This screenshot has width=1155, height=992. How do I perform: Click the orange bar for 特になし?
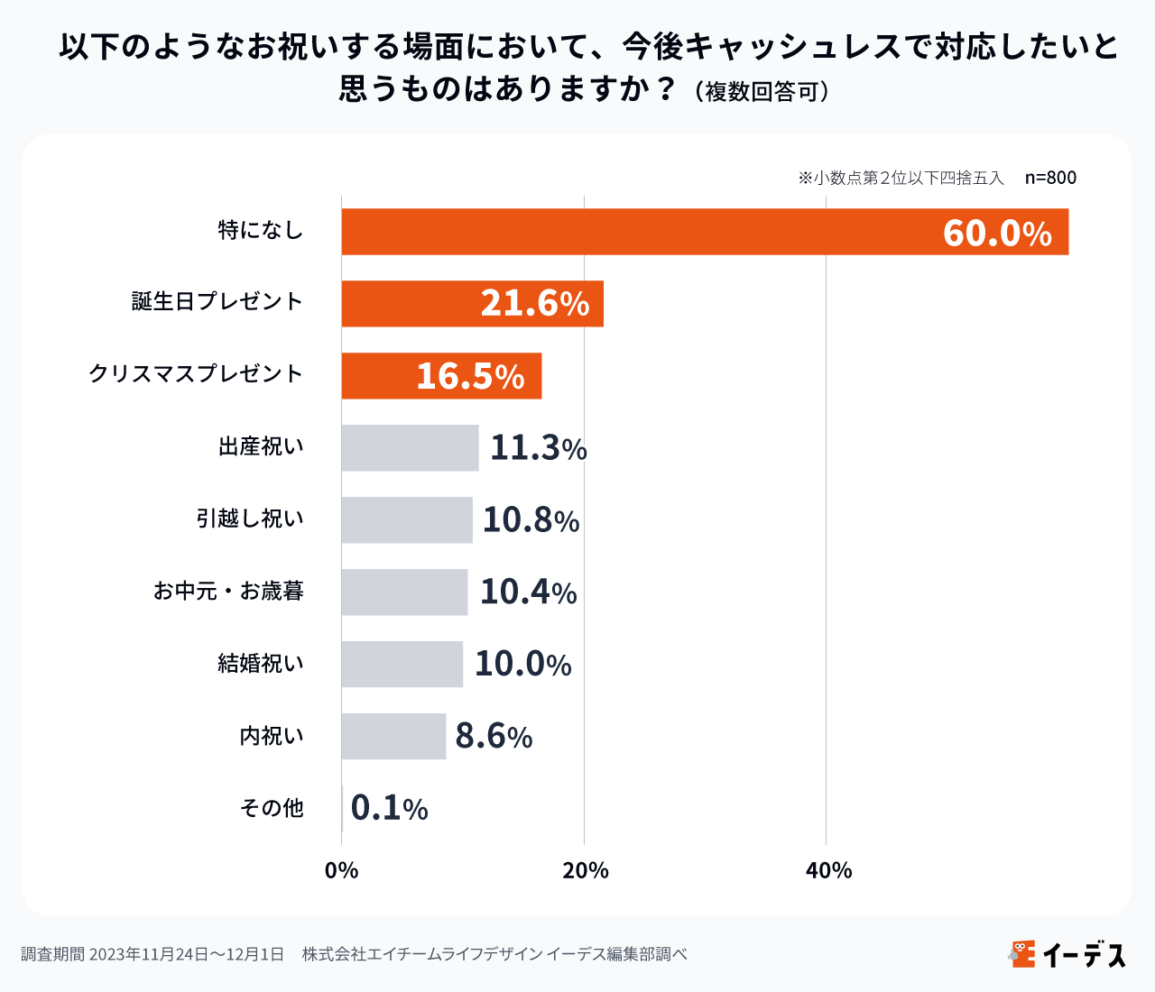click(704, 232)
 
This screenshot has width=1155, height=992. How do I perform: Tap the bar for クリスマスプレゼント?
click(379, 376)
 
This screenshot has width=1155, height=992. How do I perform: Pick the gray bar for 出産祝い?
click(410, 448)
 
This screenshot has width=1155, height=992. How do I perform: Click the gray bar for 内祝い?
click(393, 737)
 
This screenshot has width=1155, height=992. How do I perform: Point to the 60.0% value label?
click(997, 233)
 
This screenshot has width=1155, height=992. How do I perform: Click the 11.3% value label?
click(538, 448)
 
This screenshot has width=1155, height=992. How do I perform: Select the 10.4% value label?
click(528, 592)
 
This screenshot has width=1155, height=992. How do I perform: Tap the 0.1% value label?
click(389, 809)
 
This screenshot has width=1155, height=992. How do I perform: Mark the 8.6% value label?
click(494, 737)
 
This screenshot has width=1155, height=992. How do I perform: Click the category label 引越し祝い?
click(250, 519)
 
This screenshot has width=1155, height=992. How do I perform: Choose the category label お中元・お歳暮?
click(228, 592)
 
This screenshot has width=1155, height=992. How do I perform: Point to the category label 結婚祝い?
click(261, 664)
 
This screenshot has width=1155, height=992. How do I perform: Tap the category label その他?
click(272, 808)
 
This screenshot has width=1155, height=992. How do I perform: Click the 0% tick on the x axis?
click(341, 870)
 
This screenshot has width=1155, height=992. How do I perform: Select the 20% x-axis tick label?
click(585, 870)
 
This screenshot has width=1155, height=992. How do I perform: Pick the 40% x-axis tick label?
click(828, 870)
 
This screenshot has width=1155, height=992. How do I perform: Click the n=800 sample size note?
click(1050, 178)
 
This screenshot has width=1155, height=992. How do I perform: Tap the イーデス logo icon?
click(1022, 953)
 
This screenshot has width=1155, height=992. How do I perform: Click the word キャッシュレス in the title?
click(794, 46)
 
